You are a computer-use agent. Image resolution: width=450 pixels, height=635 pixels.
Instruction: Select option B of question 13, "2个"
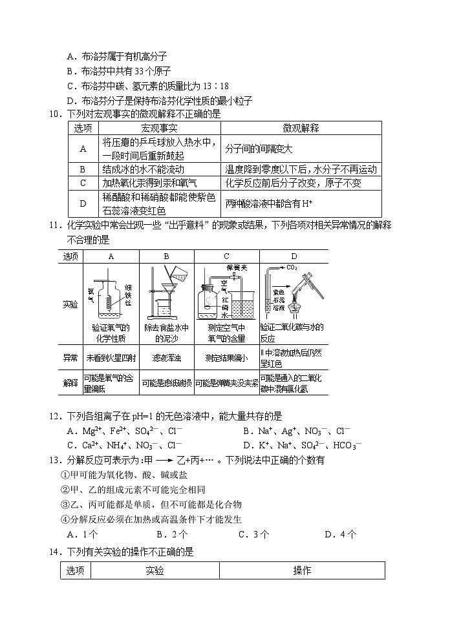171,534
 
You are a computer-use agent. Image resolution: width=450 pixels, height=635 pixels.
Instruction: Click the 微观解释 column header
301,129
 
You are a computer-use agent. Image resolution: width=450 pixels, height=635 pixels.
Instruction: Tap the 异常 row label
70,357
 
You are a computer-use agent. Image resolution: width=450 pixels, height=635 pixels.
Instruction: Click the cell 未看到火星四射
111,357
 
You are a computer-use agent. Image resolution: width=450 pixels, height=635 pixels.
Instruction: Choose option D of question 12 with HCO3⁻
302,444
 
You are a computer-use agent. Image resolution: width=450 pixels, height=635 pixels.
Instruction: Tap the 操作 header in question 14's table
302,570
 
